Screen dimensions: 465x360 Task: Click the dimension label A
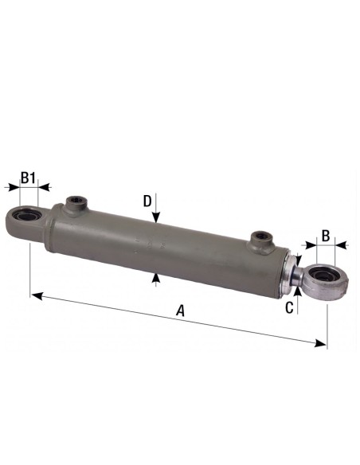(180, 311)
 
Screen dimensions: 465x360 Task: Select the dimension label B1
(28, 177)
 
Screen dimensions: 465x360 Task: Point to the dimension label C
(291, 305)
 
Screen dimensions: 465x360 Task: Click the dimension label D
(147, 201)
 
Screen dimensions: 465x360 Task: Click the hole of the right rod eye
(323, 279)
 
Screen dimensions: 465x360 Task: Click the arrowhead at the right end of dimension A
(322, 343)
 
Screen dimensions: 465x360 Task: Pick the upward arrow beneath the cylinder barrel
(157, 278)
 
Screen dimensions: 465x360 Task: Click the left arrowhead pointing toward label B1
(11, 188)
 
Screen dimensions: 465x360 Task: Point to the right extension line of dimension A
(327, 318)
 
